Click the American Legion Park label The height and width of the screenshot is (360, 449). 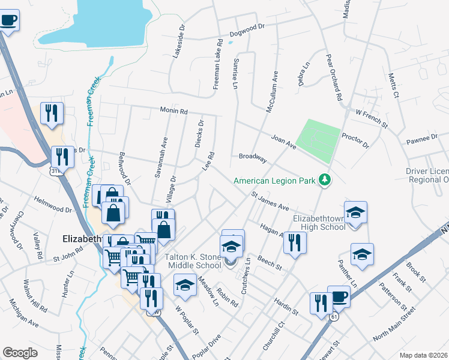point(276,180)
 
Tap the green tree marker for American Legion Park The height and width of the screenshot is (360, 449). point(325,179)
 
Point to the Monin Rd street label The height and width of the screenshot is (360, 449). point(174,111)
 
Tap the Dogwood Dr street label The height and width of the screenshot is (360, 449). point(251,28)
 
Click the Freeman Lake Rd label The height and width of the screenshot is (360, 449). point(218,65)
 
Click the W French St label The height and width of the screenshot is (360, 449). point(372,117)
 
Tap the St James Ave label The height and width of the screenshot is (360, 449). point(270,200)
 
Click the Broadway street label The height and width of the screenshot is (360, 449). point(252,157)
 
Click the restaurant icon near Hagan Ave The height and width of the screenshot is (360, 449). point(295,243)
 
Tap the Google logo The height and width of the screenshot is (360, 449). point(19,353)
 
